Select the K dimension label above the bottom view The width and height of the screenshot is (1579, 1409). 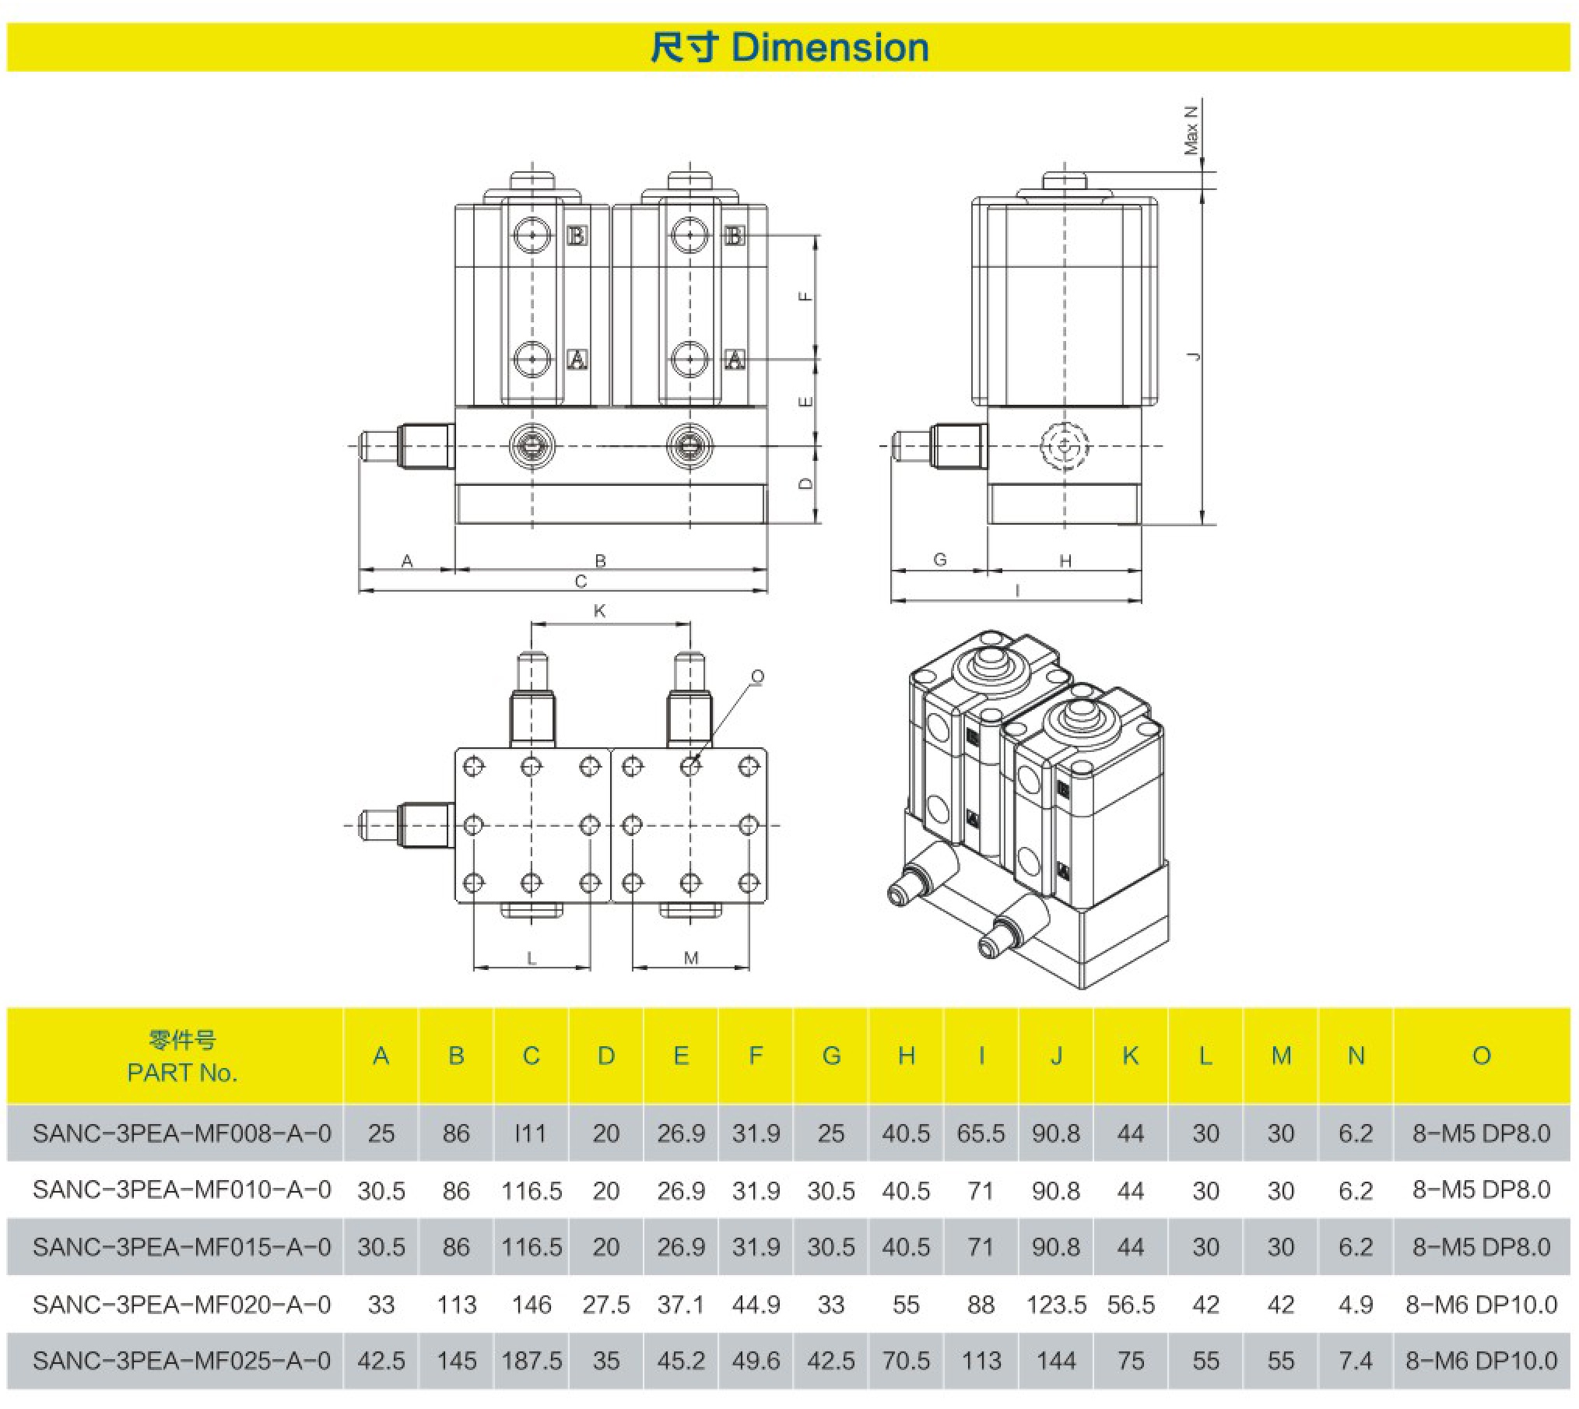pos(599,611)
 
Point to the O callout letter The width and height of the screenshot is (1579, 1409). pos(757,676)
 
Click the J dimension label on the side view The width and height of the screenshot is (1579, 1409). pos(1193,356)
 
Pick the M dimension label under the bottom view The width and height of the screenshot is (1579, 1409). pos(691,957)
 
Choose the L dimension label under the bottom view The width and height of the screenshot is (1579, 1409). pos(532,957)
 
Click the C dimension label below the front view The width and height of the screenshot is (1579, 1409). pos(581,582)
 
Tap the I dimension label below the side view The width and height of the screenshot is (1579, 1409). pos(1017,591)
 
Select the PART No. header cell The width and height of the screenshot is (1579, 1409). pos(182,1056)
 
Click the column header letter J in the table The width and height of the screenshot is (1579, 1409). pos(1055,1056)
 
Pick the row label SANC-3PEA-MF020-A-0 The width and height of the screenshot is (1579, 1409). pos(182,1304)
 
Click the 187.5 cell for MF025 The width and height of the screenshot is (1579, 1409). pos(532,1361)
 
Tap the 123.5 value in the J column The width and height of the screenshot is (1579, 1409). pos(1055,1304)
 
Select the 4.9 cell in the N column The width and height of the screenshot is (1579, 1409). pos(1355,1304)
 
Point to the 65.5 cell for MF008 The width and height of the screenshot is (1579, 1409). pos(981,1133)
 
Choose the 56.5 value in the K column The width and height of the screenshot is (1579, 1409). pos(1130,1304)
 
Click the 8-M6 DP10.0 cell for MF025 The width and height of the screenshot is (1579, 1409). pos(1481,1361)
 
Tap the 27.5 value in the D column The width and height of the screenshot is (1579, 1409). pos(606,1304)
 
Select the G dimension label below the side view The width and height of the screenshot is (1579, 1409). pos(940,559)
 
